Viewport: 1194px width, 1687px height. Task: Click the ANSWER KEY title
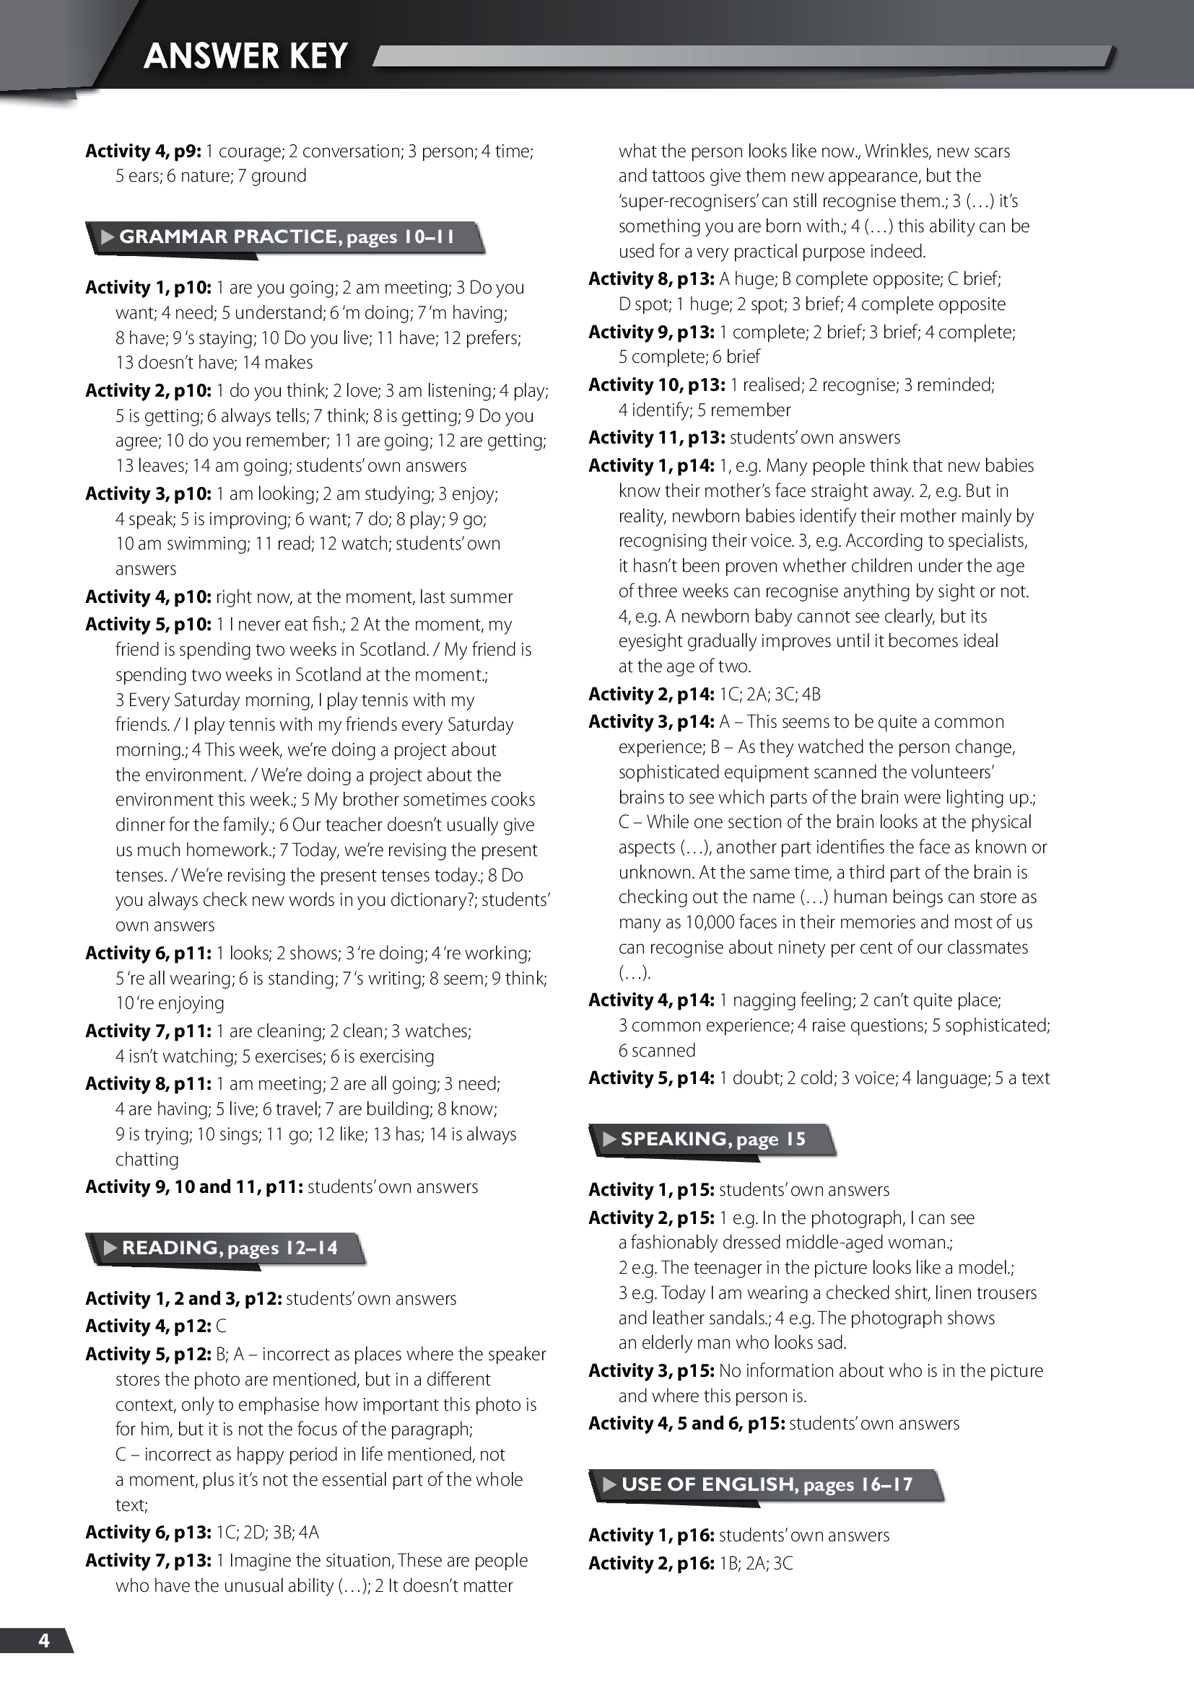pos(245,56)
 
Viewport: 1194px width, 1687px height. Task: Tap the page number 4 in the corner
pos(44,1640)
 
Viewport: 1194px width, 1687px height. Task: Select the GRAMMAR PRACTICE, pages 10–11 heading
pos(287,237)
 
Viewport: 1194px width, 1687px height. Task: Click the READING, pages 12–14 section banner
pos(230,1248)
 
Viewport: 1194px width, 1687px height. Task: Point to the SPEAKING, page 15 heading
pos(713,1139)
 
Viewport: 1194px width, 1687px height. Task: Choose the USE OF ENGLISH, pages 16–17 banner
pos(767,1484)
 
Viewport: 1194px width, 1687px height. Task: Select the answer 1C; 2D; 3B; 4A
pos(268,1532)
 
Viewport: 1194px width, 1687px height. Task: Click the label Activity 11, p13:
pos(656,438)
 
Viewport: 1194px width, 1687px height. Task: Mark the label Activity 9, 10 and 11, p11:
pos(194,1186)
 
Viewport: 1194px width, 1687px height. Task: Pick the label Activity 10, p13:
pos(656,385)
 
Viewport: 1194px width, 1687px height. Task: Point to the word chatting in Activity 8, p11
pos(147,1160)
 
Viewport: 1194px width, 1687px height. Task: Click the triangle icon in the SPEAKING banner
pos(609,1139)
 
